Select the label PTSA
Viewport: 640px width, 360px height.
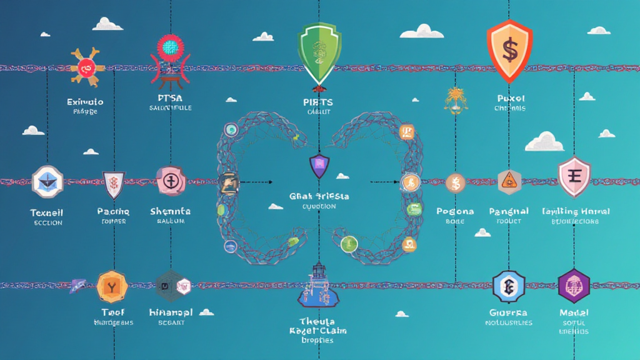(x=170, y=99)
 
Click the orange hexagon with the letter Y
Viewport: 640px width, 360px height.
(x=112, y=286)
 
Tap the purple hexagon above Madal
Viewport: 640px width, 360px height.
(x=574, y=286)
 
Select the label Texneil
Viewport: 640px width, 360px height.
(x=47, y=212)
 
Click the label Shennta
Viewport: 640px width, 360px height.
(x=170, y=212)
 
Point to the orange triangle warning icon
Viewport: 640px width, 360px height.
(x=509, y=181)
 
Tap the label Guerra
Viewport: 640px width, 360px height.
(x=509, y=312)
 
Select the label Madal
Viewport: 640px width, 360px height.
(x=574, y=312)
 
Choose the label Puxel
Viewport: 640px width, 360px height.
(x=510, y=99)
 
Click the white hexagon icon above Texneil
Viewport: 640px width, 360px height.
(x=47, y=181)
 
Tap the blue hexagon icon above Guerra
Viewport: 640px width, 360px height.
(x=508, y=286)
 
